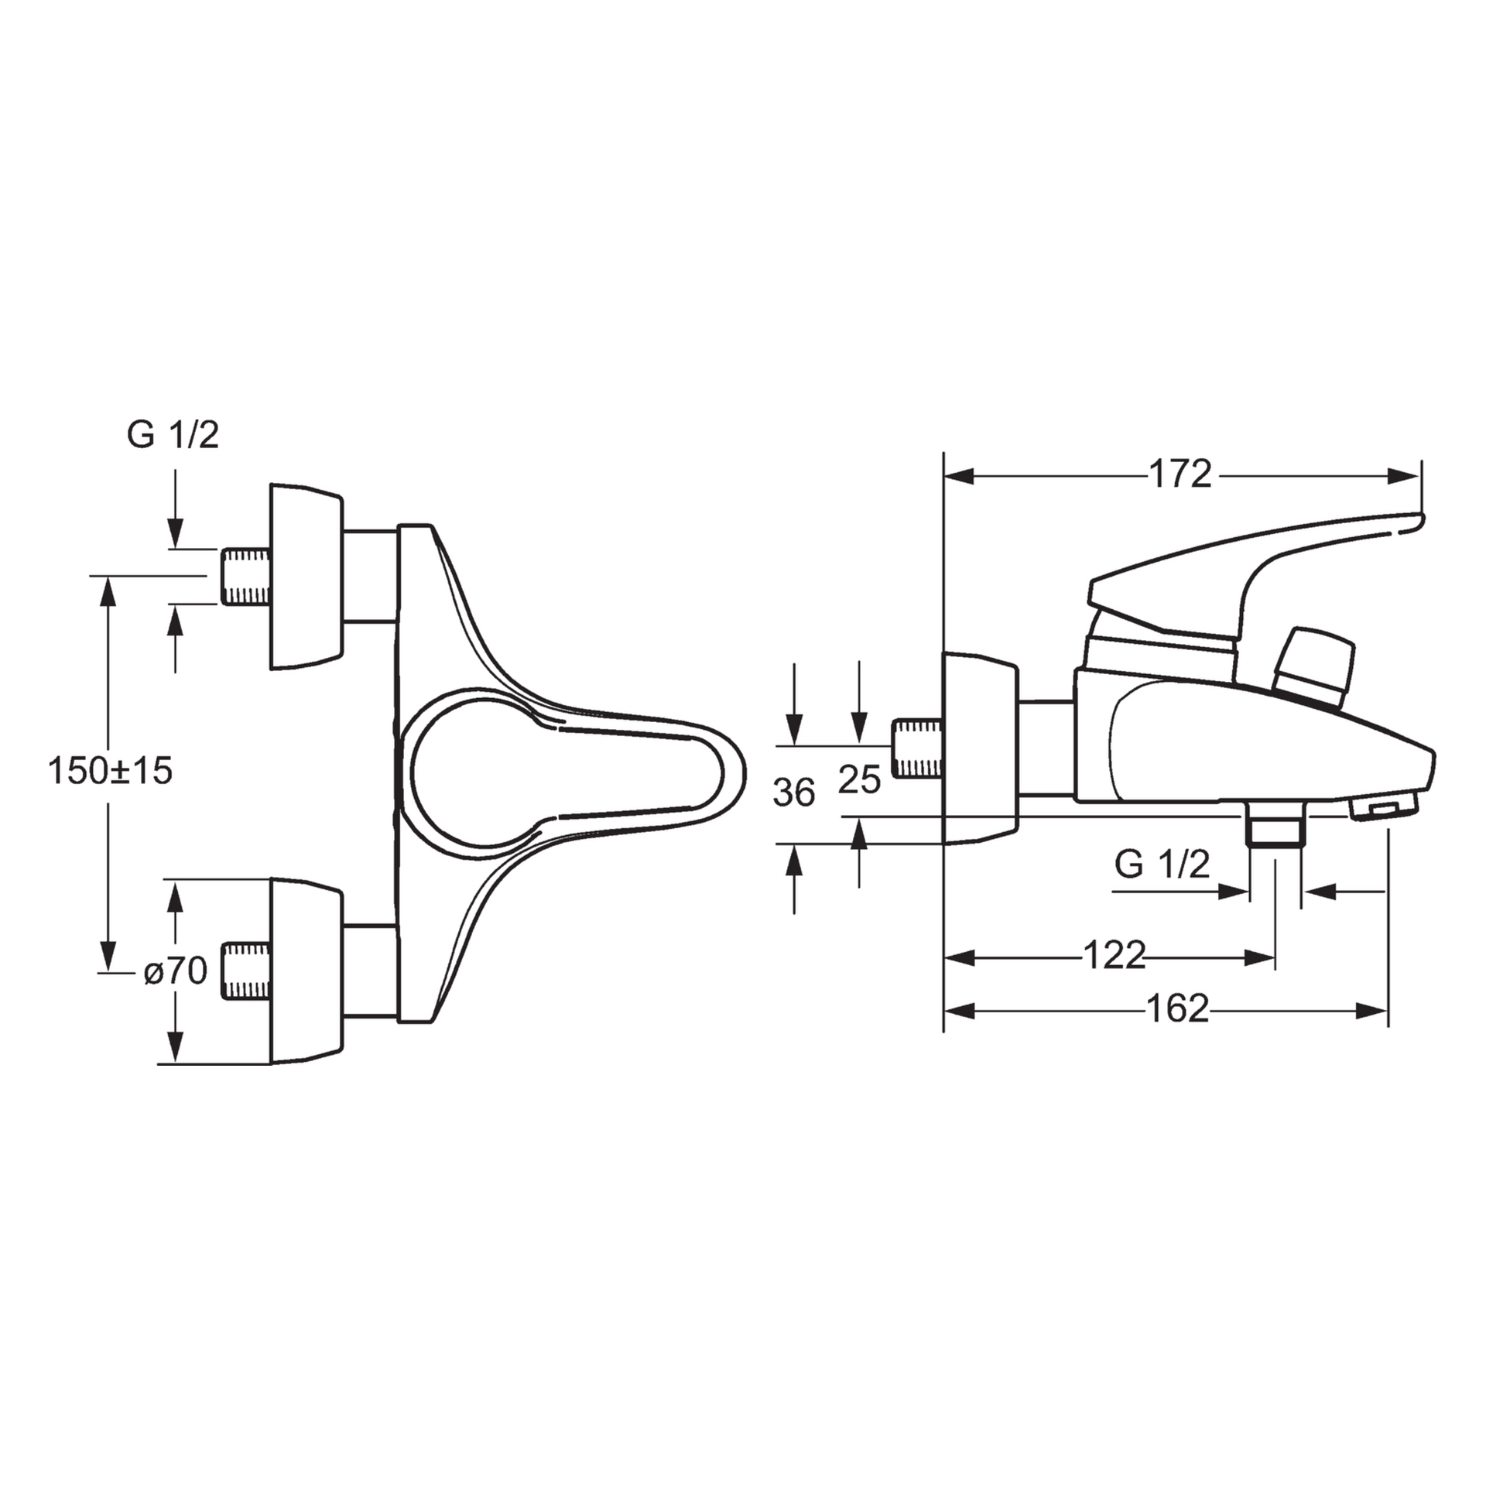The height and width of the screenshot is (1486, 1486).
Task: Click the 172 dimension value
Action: [1180, 474]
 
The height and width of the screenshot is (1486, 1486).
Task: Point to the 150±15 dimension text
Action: [110, 771]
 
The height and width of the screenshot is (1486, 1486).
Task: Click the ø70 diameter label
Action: [176, 971]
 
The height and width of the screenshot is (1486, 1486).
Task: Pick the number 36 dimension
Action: [794, 793]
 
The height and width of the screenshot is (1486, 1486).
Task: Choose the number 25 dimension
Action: [860, 779]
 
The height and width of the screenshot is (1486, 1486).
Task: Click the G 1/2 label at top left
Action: [173, 436]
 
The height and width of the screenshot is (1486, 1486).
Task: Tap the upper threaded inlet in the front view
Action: [246, 577]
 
